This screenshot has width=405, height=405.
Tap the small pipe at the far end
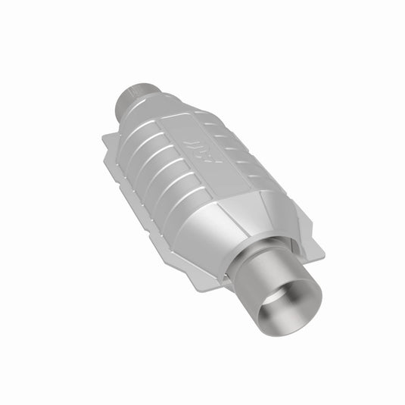(136, 98)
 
